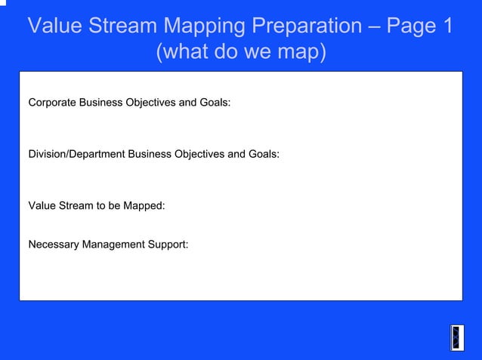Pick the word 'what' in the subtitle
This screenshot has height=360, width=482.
coord(190,54)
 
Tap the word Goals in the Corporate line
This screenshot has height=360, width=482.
coord(215,102)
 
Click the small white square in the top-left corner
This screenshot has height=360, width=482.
coord(2,2)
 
